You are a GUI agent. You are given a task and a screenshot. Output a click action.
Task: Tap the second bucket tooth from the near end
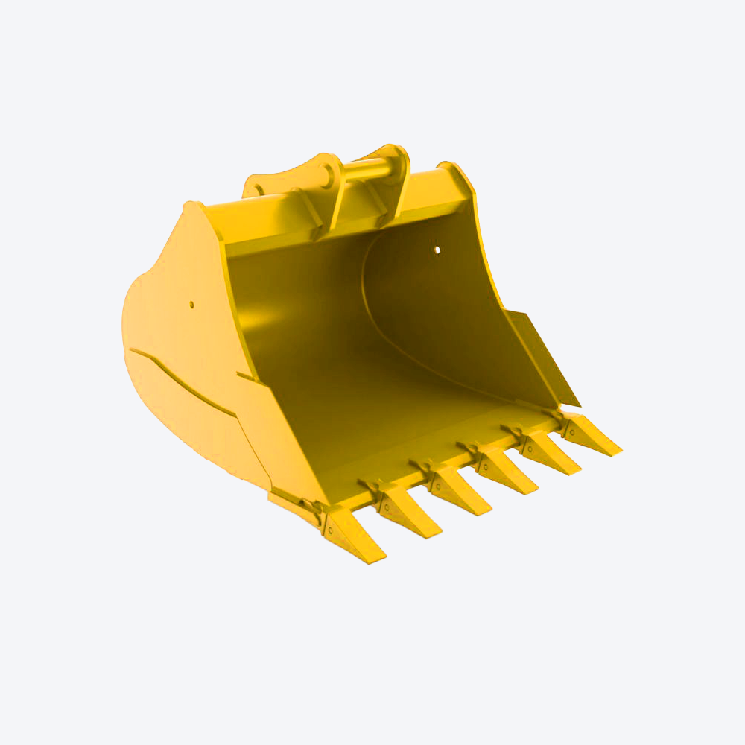tap(408, 513)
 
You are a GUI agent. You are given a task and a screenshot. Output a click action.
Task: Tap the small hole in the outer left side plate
tap(191, 304)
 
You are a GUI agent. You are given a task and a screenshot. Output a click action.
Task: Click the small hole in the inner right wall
tap(437, 250)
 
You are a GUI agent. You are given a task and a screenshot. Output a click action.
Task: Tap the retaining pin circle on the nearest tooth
tap(329, 530)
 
